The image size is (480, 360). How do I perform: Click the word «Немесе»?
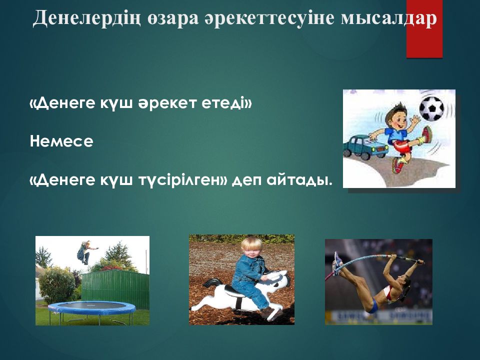(61, 141)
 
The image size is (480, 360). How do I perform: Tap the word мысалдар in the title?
(389, 18)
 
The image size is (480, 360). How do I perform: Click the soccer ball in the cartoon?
(431, 108)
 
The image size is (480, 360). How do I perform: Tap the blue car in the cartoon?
(364, 147)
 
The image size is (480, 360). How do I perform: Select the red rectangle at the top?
(424, 29)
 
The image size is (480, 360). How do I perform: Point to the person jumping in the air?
(85, 252)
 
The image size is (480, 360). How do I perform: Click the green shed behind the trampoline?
(115, 289)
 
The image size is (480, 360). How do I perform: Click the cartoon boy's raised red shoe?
(426, 134)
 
